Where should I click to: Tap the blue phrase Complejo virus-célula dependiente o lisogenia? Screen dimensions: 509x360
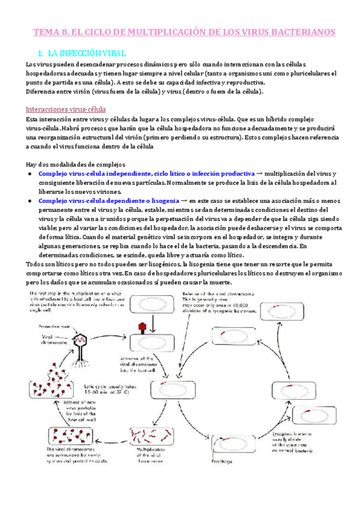point(107,199)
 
